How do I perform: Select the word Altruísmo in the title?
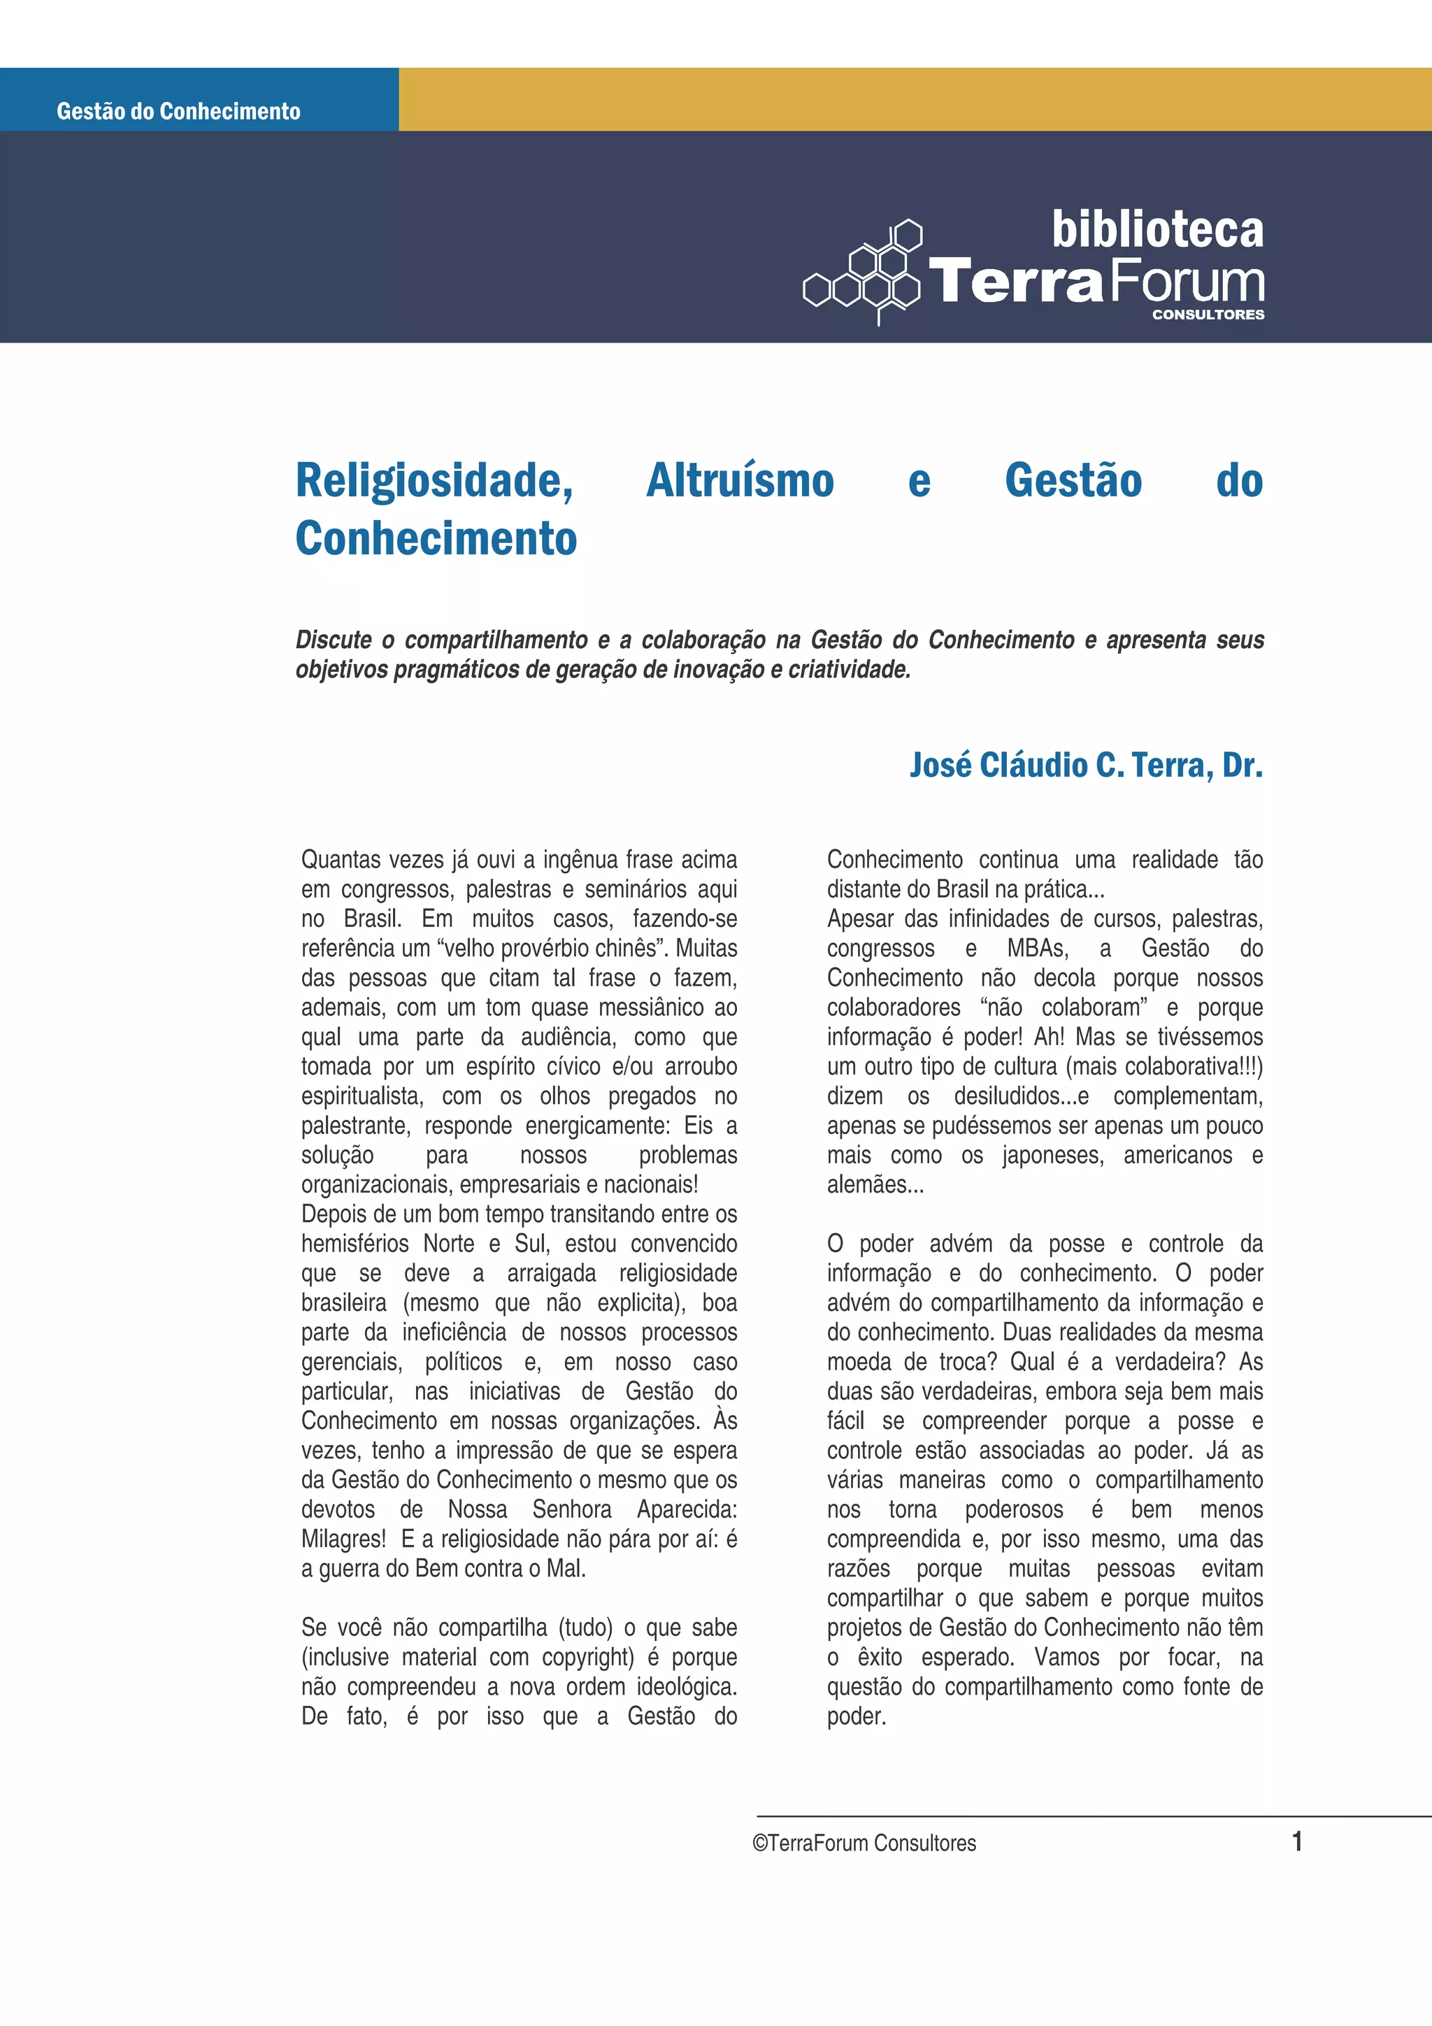pyautogui.click(x=739, y=482)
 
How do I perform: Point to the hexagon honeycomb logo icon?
pyautogui.click(x=865, y=272)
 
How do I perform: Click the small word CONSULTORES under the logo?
pyautogui.click(x=1207, y=314)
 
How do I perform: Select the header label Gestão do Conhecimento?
pyautogui.click(x=178, y=111)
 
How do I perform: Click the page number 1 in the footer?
pyautogui.click(x=1296, y=1841)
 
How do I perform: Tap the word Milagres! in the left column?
pyautogui.click(x=343, y=1539)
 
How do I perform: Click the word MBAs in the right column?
pyautogui.click(x=1037, y=949)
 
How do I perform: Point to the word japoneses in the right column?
pyautogui.click(x=1052, y=1155)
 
